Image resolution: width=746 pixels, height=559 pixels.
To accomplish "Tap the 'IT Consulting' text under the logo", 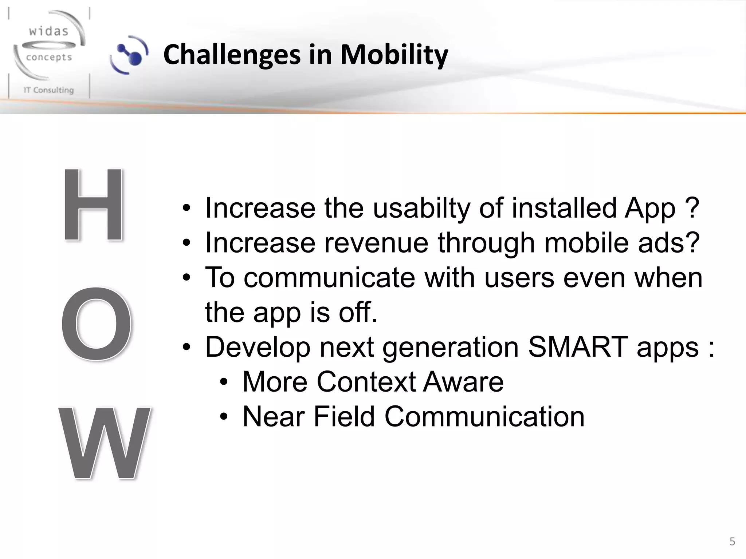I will pos(49,90).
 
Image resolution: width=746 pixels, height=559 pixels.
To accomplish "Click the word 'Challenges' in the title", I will pos(232,55).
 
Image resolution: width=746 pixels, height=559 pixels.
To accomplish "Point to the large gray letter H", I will pos(93,205).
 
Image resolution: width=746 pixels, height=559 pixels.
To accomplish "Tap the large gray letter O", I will pos(96,324).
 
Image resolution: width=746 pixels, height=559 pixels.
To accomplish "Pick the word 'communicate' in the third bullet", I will pos(329,278).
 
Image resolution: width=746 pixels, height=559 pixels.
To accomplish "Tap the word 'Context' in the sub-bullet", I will pos(365,382).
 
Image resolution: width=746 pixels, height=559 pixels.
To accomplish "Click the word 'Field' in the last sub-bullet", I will pos(344,416).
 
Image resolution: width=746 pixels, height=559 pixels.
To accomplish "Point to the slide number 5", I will pos(732,542).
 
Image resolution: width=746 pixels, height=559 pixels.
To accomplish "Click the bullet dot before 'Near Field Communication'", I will pos(224,417).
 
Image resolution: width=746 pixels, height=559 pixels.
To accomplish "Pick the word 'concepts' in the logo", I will pos(49,58).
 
